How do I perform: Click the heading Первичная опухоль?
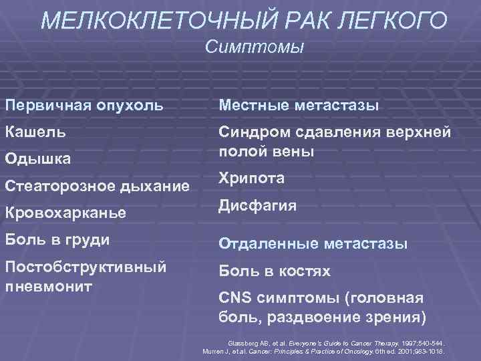85,106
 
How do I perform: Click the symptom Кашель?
35,132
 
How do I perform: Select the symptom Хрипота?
251,178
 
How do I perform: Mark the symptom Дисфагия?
257,205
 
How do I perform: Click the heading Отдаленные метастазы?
312,245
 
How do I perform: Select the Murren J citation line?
323,351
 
